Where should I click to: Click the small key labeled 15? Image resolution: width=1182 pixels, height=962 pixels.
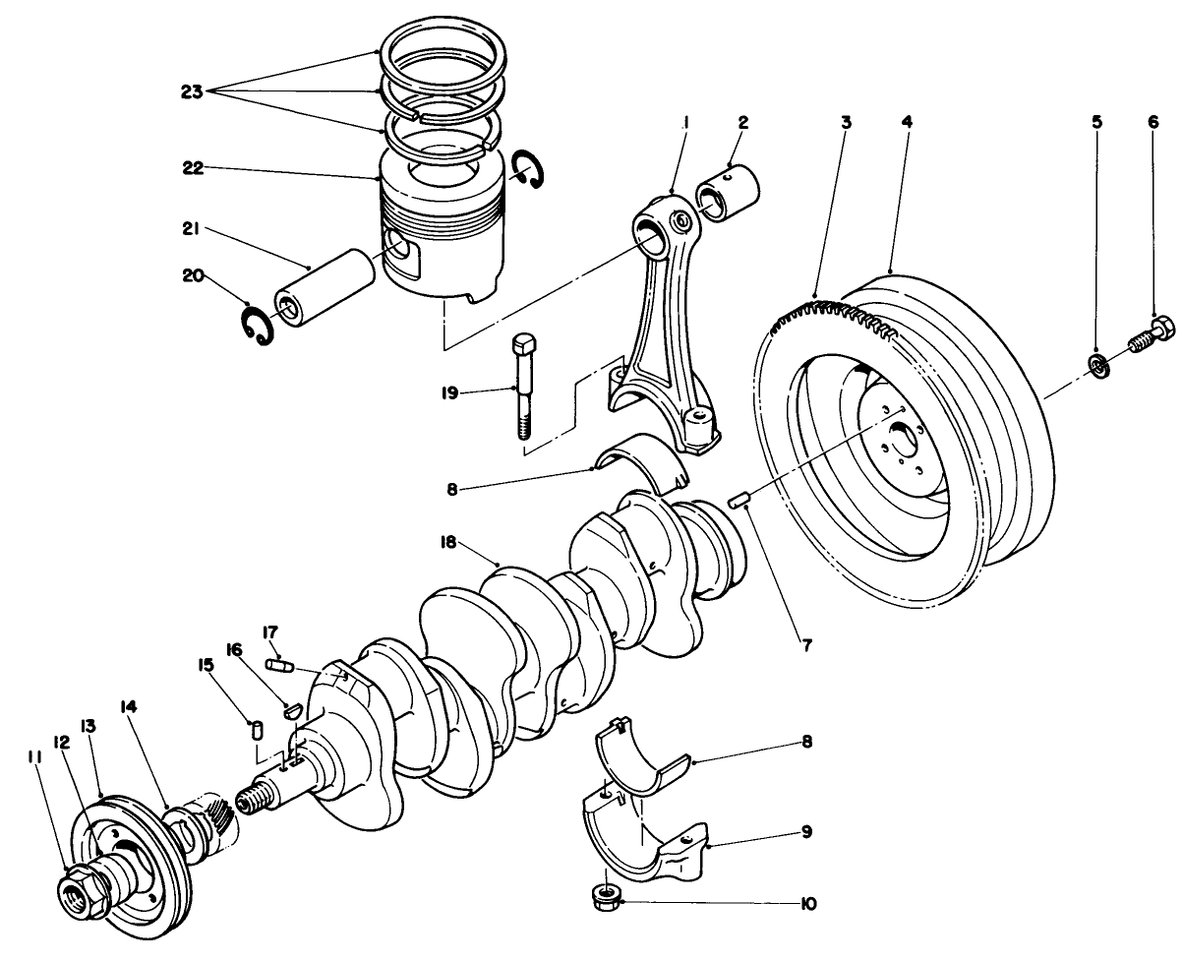tap(257, 730)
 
